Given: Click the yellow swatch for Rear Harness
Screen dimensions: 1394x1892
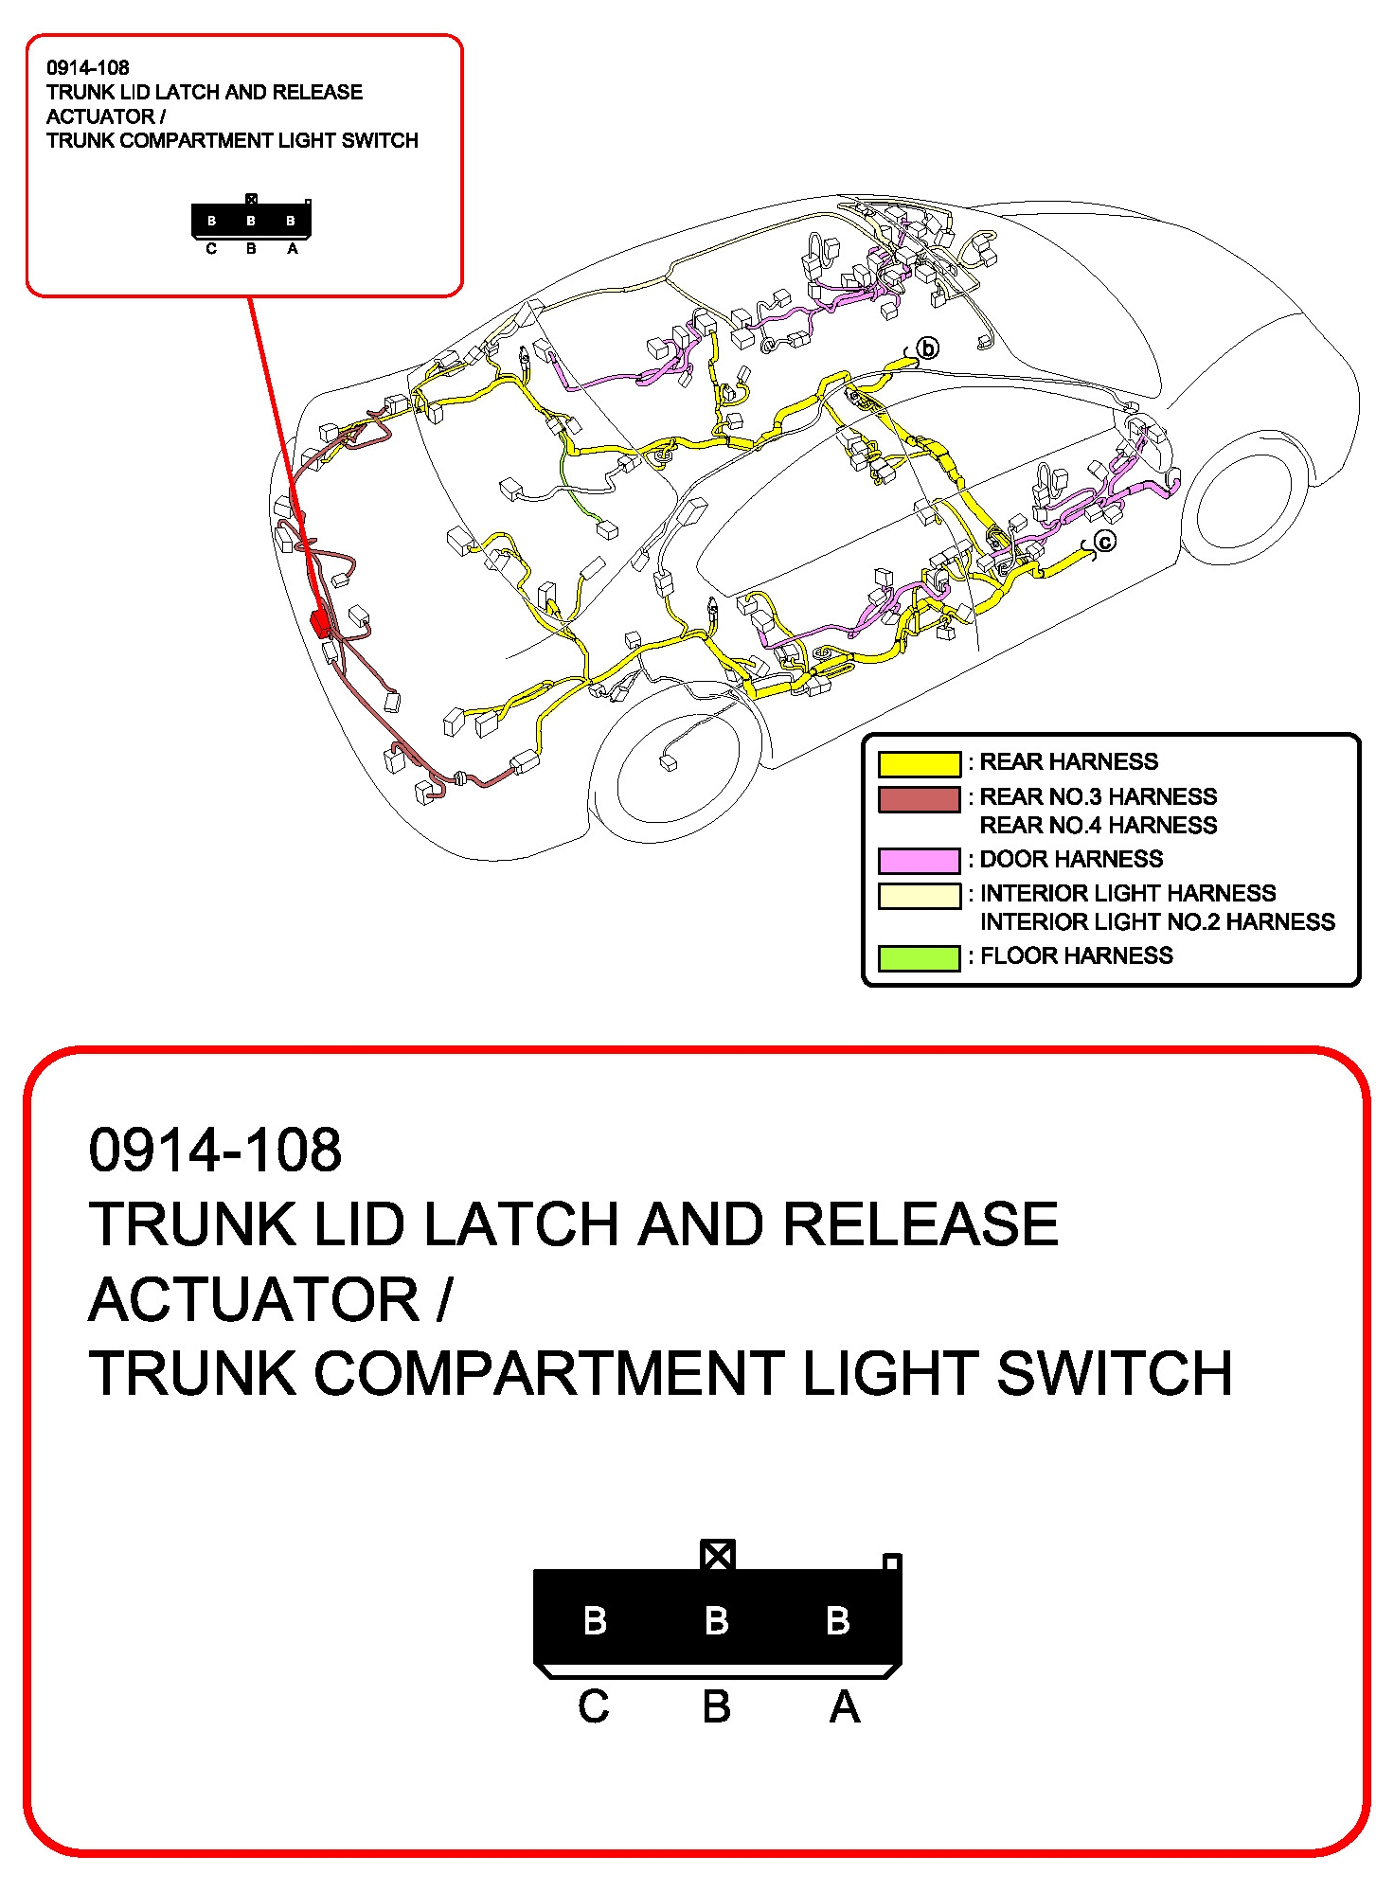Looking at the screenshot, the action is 919,763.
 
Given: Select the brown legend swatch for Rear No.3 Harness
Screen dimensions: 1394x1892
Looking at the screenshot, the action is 919,799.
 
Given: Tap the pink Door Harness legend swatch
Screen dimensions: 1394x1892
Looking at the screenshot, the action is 919,860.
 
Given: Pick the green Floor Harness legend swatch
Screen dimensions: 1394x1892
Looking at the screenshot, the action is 919,957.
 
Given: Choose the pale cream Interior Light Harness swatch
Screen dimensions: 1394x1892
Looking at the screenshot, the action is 919,895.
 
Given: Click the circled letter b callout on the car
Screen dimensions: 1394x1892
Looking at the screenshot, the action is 928,348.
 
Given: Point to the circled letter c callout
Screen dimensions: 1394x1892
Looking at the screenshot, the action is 1105,542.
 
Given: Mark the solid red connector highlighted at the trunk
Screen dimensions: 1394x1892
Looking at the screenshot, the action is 320,621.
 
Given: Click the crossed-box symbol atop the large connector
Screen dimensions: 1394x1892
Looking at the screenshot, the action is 717,1555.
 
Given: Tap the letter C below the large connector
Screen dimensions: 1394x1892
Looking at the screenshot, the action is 594,1707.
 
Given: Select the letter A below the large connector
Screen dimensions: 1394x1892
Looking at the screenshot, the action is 845,1707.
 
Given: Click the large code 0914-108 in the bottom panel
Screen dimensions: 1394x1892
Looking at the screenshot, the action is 215,1151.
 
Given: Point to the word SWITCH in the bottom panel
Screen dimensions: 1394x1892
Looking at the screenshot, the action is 1115,1374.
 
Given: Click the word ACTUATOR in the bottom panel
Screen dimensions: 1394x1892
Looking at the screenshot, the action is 255,1299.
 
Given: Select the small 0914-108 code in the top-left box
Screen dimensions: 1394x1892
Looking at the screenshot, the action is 88,68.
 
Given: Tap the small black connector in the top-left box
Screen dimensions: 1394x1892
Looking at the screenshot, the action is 251,221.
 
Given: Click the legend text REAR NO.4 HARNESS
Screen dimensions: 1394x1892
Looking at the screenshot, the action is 1098,826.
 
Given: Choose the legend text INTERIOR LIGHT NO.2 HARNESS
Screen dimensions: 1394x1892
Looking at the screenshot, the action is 1156,922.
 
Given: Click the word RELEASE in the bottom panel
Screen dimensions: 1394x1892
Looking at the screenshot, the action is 920,1224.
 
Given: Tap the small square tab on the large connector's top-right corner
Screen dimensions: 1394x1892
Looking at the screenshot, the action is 891,1562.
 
